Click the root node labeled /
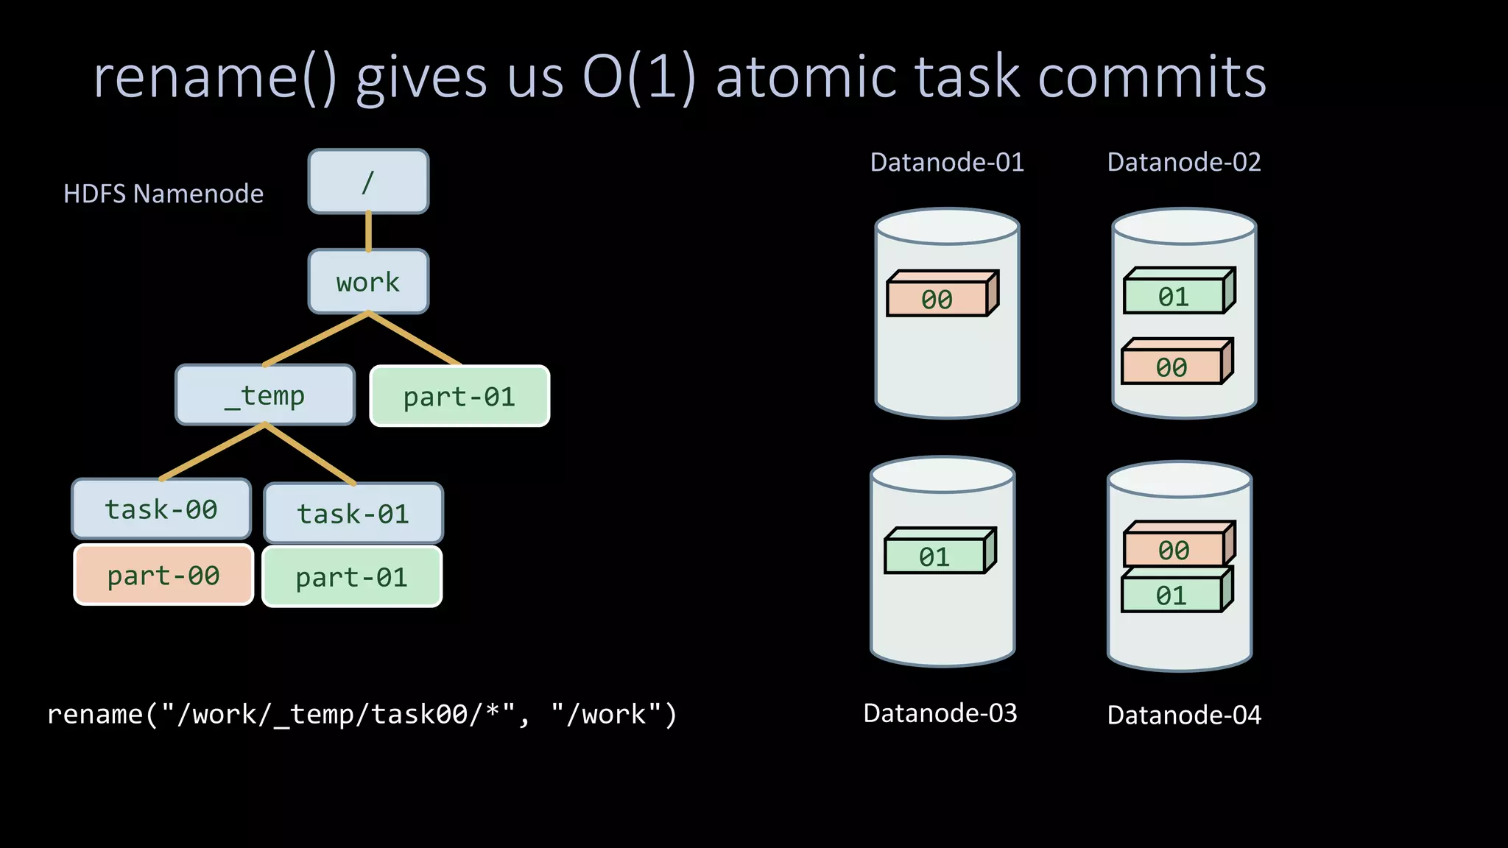click(368, 182)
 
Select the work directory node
click(368, 282)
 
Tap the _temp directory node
click(265, 395)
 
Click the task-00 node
click(161, 509)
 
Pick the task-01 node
click(353, 514)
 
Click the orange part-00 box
click(163, 575)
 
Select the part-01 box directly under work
click(459, 397)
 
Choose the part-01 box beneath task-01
click(352, 577)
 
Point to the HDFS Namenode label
click(163, 194)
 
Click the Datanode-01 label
click(947, 162)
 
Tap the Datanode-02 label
click(1184, 162)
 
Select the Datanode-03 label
click(940, 713)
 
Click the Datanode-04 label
click(1184, 715)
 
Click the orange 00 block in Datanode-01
click(937, 299)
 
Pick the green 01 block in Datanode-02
click(1174, 297)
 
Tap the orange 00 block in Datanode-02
click(1171, 367)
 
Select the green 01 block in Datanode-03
click(934, 556)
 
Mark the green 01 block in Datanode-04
click(1171, 595)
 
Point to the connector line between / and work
click(368, 231)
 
